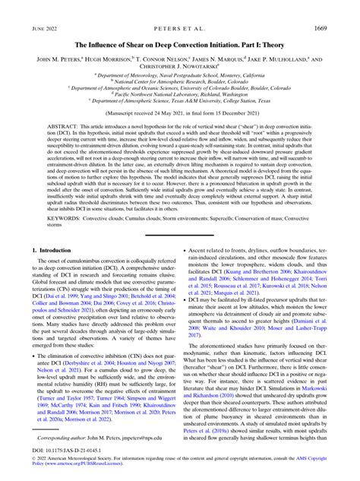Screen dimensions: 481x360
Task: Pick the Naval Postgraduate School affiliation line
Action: click(x=180, y=75)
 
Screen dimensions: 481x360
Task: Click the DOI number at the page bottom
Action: click(x=68, y=458)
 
